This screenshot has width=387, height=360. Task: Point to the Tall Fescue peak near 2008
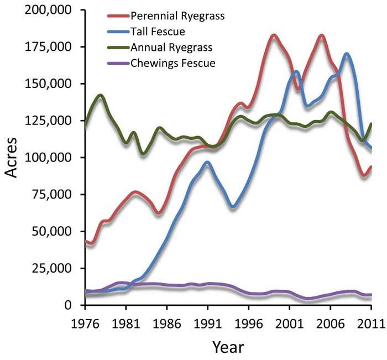(x=347, y=54)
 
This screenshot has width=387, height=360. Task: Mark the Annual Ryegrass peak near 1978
(x=100, y=96)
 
